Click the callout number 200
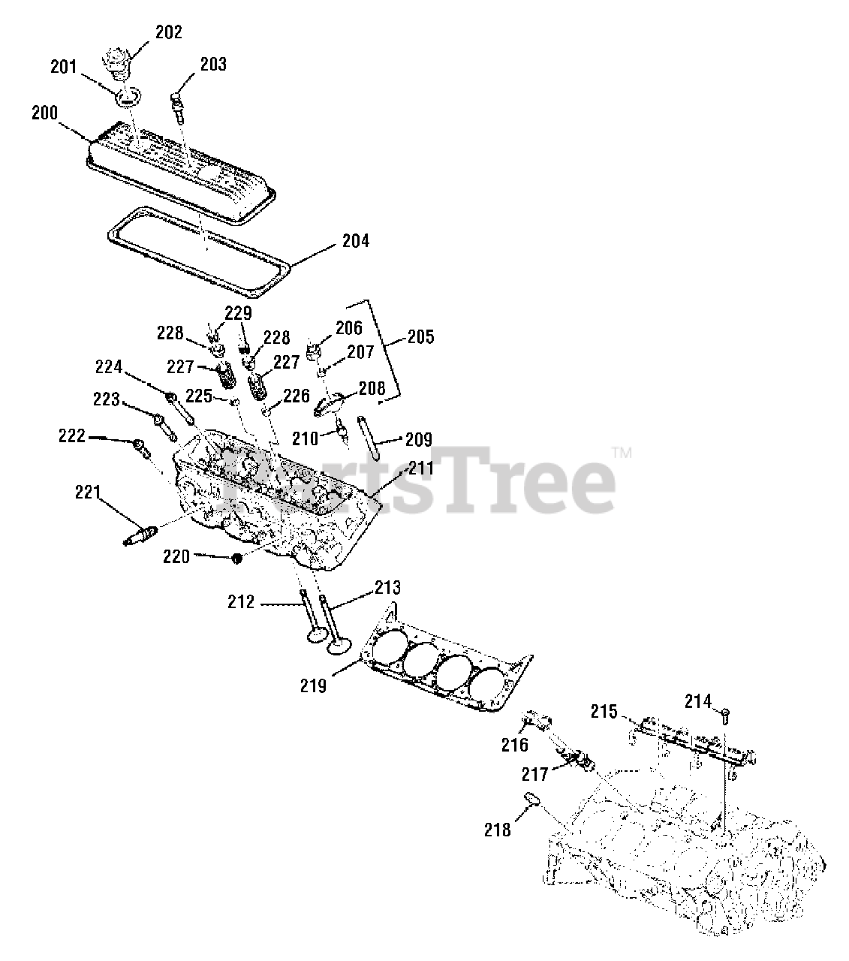point(44,113)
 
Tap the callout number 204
point(355,242)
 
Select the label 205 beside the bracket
point(420,336)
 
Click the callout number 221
point(88,493)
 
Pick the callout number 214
point(697,701)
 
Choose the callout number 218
point(497,830)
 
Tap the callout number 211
point(420,468)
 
